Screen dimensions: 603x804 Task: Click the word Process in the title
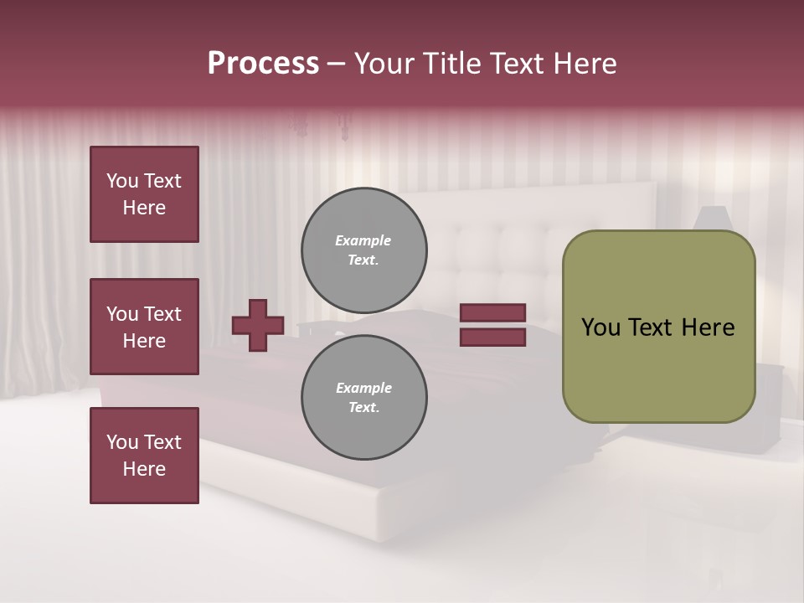[x=263, y=64]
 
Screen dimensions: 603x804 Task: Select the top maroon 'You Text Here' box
[x=144, y=194]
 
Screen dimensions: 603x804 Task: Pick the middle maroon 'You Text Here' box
[x=144, y=327]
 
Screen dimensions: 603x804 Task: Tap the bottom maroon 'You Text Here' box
[x=144, y=455]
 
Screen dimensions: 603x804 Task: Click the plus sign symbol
[x=258, y=325]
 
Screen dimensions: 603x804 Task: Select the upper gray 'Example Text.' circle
[x=363, y=250]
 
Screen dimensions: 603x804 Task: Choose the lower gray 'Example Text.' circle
[x=363, y=398]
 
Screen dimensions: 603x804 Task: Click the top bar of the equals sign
[x=492, y=312]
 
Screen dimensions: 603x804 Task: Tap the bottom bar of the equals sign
[x=492, y=338]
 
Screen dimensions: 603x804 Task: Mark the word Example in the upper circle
[x=363, y=240]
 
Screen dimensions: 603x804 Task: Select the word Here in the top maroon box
[x=144, y=208]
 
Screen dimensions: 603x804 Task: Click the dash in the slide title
[x=337, y=64]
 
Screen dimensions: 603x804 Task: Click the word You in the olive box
[x=600, y=327]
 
